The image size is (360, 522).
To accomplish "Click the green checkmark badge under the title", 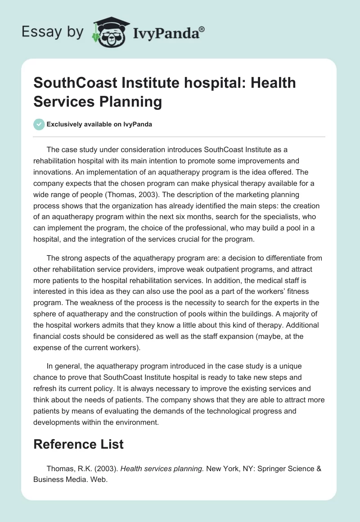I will pos(39,124).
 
